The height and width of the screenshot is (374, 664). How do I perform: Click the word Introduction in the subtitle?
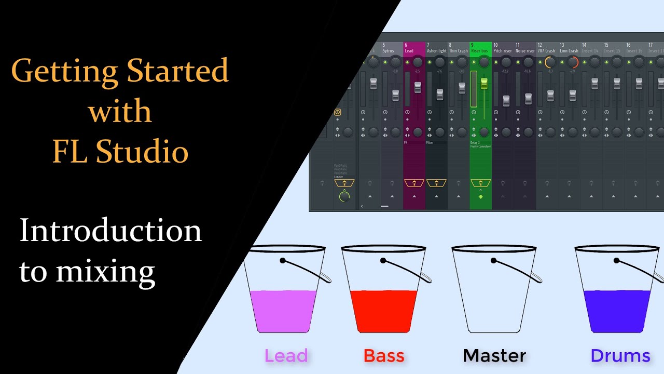(x=110, y=232)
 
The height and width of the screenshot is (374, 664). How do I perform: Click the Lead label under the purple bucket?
(x=286, y=356)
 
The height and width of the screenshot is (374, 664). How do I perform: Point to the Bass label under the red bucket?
(x=384, y=356)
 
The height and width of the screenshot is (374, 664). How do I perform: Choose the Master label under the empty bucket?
(x=494, y=356)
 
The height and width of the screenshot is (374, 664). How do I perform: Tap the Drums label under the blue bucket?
(x=620, y=356)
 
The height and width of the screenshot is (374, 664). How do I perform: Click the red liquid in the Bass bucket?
(x=383, y=311)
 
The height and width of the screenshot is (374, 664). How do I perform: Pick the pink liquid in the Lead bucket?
(x=283, y=311)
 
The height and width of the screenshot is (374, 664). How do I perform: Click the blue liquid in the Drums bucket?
(x=617, y=311)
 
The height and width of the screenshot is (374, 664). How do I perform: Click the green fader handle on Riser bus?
(x=485, y=84)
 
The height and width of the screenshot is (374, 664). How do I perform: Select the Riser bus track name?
(x=480, y=51)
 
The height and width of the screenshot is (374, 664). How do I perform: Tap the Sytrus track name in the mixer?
(x=388, y=51)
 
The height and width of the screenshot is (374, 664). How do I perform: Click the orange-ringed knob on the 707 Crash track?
(x=550, y=62)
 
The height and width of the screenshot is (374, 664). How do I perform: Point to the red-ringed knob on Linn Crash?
(x=573, y=62)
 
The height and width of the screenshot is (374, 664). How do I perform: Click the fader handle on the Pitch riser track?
(x=506, y=100)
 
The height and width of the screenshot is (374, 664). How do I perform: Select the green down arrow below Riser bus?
(x=481, y=196)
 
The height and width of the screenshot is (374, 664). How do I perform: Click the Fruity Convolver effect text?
(x=480, y=146)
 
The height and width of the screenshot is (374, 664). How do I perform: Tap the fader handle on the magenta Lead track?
(x=418, y=87)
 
